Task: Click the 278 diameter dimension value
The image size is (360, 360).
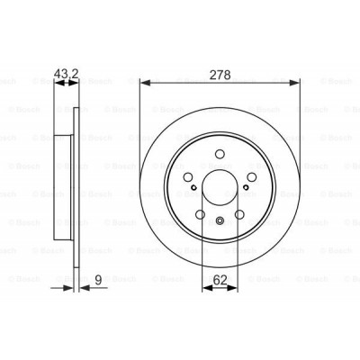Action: [x=220, y=75]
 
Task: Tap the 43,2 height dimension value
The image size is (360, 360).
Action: [x=66, y=74]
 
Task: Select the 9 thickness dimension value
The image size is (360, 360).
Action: [x=98, y=280]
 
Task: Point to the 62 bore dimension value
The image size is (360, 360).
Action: [x=220, y=280]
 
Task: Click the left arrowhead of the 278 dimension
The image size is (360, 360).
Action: [x=145, y=83]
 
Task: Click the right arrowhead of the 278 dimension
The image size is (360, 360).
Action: [x=294, y=83]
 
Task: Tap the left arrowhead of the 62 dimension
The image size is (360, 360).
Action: [x=208, y=288]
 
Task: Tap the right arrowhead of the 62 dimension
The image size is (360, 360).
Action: [x=232, y=288]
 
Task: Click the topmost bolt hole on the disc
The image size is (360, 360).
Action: [x=220, y=154]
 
